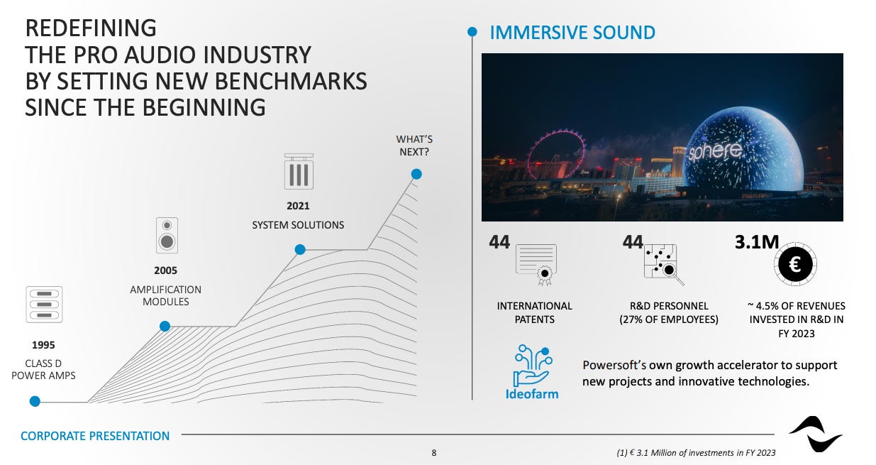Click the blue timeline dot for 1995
(35, 401)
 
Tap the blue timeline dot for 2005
(165, 326)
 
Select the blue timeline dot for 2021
(300, 249)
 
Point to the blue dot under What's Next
(416, 174)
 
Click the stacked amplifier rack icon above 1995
(44, 305)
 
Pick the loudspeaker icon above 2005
(167, 235)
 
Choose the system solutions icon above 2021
(299, 171)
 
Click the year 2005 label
(165, 270)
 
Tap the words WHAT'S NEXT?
(414, 146)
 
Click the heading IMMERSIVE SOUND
(572, 33)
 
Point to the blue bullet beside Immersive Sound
(472, 32)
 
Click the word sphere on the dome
(714, 151)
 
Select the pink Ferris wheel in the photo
(556, 155)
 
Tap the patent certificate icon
(536, 264)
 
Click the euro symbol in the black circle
(794, 265)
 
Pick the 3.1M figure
(757, 242)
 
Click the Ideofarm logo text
(532, 394)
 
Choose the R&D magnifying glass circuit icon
(664, 265)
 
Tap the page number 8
(433, 453)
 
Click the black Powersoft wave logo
(816, 434)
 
